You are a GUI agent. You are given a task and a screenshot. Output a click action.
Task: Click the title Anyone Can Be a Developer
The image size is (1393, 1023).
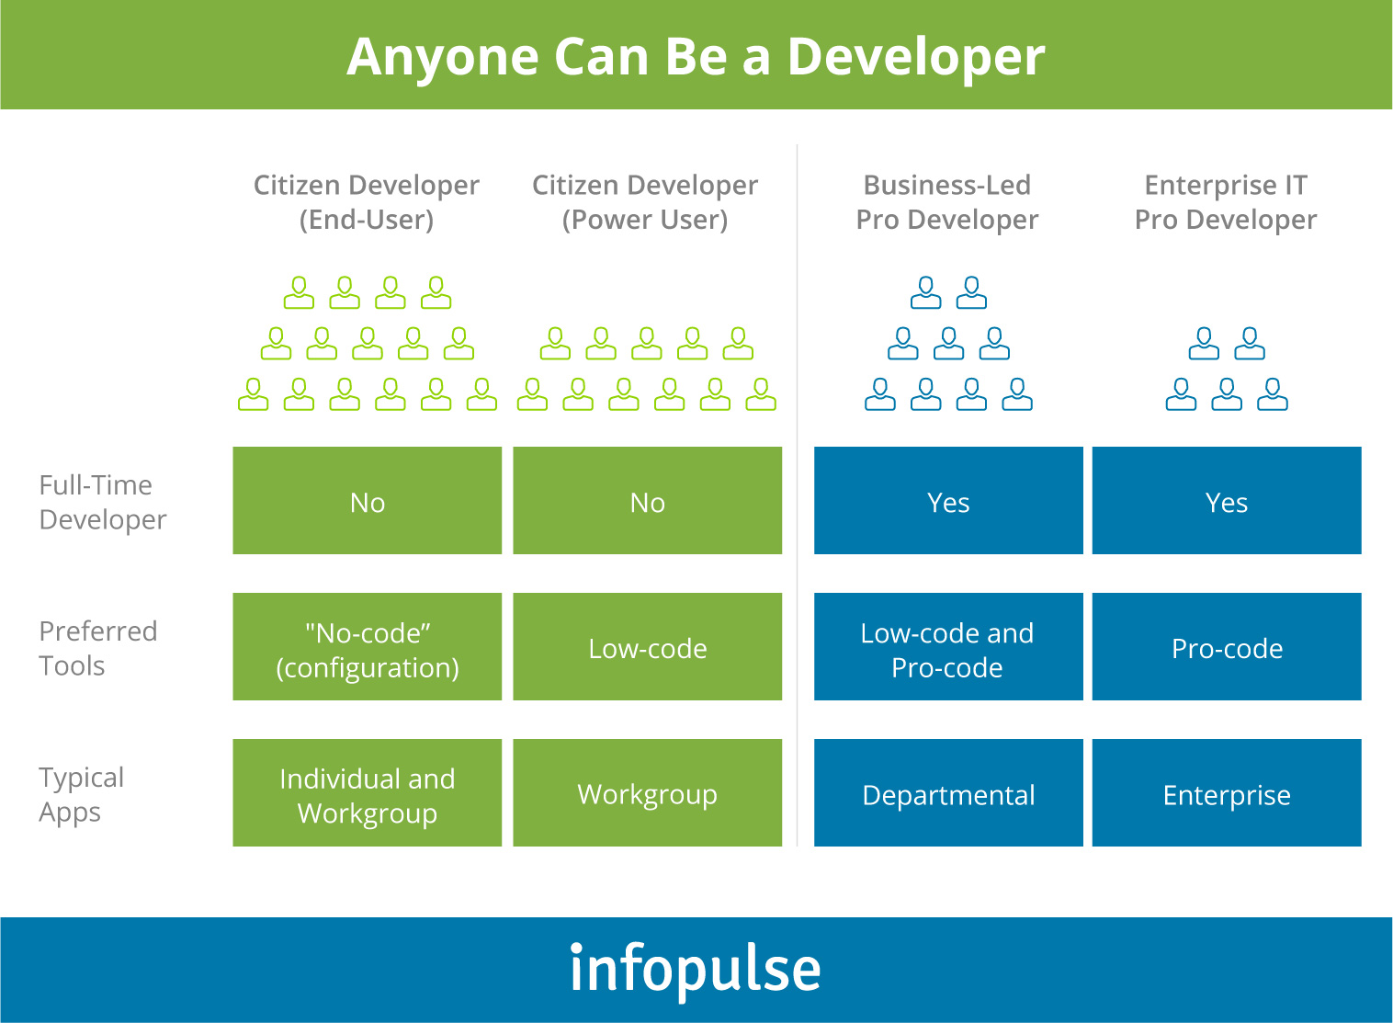[696, 57]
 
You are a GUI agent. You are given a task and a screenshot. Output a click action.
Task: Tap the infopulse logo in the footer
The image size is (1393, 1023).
[696, 969]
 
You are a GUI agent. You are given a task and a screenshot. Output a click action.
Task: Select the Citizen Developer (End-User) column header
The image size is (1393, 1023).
[367, 202]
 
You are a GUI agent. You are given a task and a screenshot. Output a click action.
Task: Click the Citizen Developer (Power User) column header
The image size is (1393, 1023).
[645, 202]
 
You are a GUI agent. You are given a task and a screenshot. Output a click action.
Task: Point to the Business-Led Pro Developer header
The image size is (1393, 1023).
[947, 202]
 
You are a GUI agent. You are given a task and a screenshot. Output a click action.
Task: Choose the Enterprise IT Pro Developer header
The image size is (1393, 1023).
[1226, 202]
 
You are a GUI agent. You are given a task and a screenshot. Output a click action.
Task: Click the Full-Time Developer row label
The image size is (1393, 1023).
[102, 502]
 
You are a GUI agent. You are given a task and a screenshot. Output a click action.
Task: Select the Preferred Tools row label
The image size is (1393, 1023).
[97, 648]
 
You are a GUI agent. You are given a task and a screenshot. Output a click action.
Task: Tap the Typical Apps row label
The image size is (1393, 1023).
[81, 794]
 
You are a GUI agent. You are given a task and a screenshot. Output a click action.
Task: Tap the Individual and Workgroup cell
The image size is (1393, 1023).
[368, 793]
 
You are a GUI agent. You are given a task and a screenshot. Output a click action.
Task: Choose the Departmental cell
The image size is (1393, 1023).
[948, 793]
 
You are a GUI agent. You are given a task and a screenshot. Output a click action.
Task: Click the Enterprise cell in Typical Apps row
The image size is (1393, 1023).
[1227, 793]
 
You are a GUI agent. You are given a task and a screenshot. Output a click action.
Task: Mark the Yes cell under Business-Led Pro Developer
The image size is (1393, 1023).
[948, 501]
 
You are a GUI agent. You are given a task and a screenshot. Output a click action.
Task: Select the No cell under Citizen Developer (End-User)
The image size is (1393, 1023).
[368, 501]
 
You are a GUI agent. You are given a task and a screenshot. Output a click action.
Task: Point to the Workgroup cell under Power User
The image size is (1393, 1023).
[647, 793]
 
